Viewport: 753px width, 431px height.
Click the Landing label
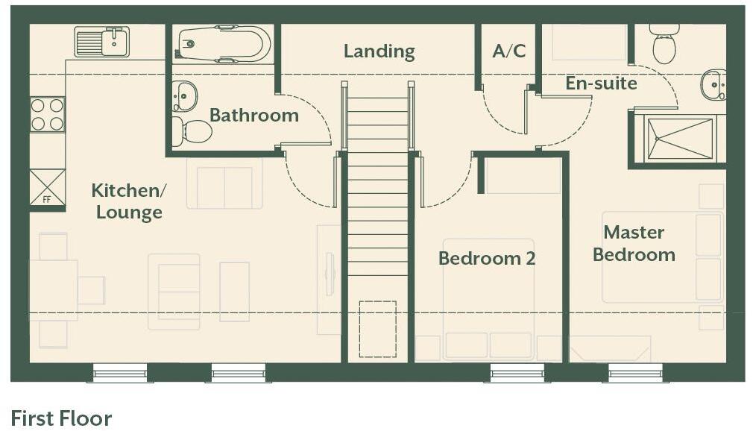(379, 51)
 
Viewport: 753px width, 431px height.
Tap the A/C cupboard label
(509, 51)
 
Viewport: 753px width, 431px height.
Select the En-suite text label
(601, 83)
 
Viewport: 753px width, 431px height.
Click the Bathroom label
(253, 116)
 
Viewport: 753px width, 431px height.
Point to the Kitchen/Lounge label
(129, 201)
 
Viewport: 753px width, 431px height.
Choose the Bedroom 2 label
(487, 259)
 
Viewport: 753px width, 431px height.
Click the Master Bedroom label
(634, 244)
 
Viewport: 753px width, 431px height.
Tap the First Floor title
(61, 418)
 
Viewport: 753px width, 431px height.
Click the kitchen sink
(102, 42)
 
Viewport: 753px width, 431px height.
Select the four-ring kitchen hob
(47, 114)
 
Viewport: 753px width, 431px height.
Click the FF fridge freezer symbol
(47, 186)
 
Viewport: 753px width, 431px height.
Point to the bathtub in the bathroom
(224, 43)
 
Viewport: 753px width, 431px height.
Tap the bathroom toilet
(192, 132)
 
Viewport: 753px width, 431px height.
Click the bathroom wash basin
(185, 96)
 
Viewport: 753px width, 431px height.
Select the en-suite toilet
(664, 44)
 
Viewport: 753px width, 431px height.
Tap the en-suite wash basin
(713, 85)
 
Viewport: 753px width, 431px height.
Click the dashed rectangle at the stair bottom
(377, 329)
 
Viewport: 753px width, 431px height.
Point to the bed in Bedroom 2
(488, 298)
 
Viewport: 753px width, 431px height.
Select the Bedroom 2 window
(517, 372)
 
